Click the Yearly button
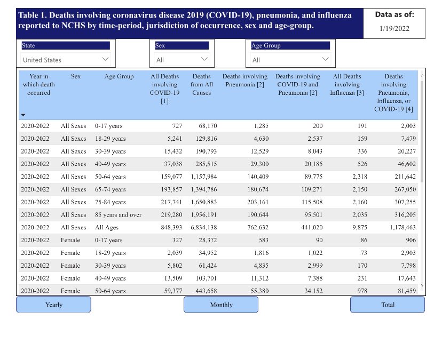point(53,305)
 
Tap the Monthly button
point(221,305)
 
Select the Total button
point(388,305)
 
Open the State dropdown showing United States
point(66,60)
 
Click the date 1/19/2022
point(394,29)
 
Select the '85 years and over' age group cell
point(118,214)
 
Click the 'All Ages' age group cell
point(107,227)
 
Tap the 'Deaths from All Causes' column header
point(201,84)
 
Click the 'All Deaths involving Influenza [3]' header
point(348,84)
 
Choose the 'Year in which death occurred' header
point(38,84)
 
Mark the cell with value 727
point(176,126)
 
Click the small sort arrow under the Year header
point(23,115)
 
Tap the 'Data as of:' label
point(394,15)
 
